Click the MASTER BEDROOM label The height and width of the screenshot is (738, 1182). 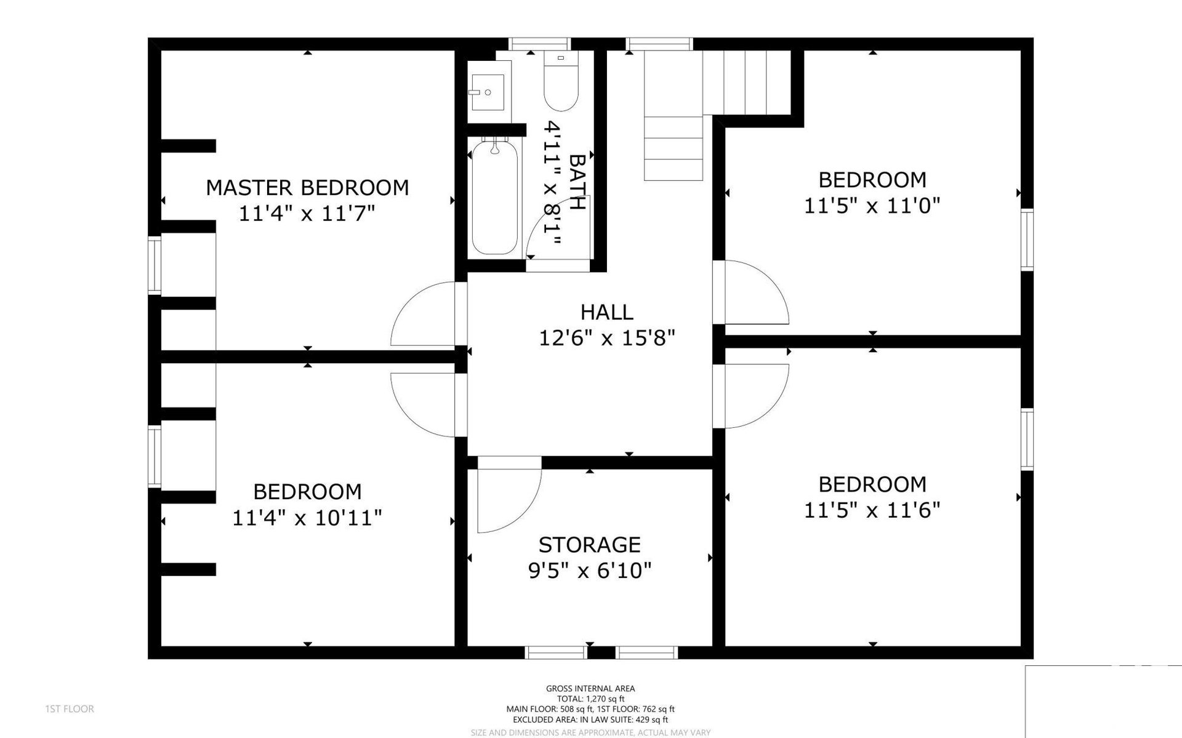click(307, 187)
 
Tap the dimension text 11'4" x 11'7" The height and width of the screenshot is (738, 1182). click(307, 214)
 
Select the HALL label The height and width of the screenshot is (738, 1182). click(607, 312)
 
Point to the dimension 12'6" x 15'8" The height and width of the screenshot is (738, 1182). click(607, 338)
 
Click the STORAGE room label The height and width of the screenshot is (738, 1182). click(590, 545)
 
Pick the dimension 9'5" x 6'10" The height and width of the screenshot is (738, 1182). click(590, 571)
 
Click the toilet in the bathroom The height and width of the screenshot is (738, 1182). click(561, 81)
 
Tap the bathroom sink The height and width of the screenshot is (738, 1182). click(488, 92)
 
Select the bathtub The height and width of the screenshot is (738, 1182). click(494, 198)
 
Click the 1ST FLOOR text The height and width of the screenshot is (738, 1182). click(70, 709)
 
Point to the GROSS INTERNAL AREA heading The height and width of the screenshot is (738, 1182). click(590, 689)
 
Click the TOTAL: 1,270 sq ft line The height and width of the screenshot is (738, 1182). click(590, 699)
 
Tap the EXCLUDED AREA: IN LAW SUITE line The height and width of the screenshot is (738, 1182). click(590, 720)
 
